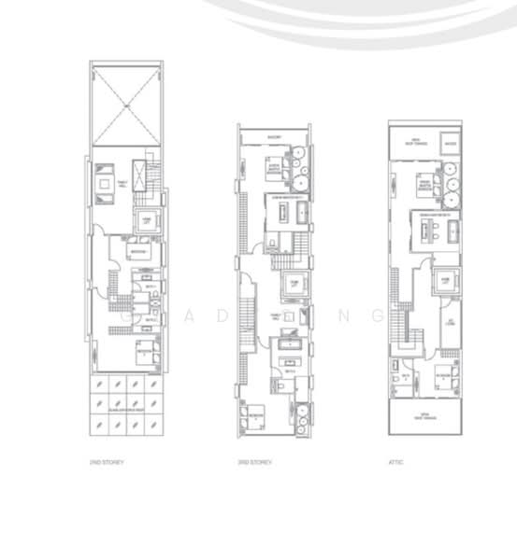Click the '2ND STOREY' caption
(110, 461)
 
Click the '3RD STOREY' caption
(255, 461)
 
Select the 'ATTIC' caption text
(395, 461)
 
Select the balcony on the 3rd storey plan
(274, 137)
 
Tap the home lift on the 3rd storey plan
(291, 285)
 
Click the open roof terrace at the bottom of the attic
(425, 417)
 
